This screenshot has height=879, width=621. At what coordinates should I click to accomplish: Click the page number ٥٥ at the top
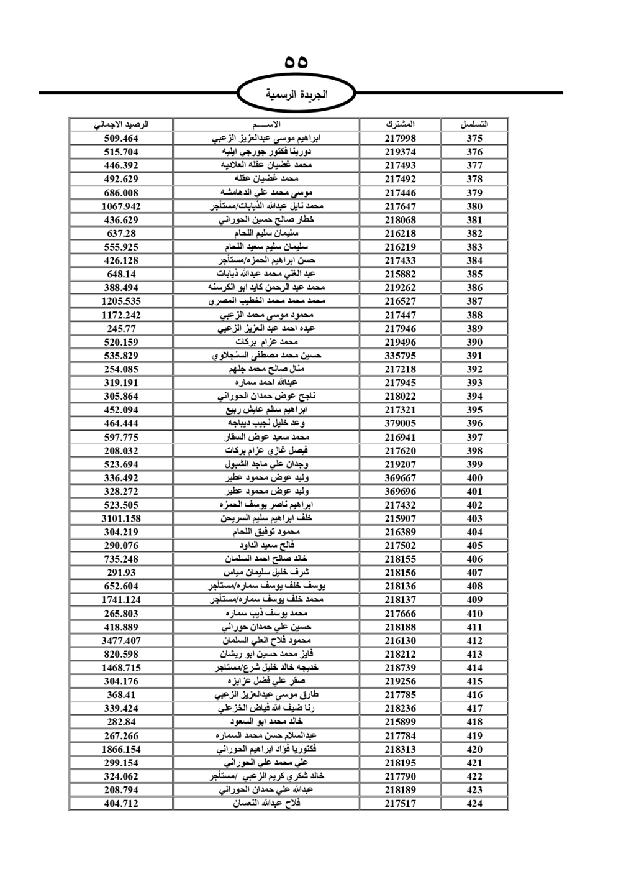pos(296,62)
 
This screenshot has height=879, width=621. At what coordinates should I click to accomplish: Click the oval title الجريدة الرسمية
pos(296,94)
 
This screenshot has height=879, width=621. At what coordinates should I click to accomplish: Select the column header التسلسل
pos(474,124)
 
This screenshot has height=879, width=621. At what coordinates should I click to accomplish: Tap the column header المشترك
pos(400,124)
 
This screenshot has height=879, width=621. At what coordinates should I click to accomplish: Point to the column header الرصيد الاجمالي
pos(121,124)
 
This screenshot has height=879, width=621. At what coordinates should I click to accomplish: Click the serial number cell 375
pos(474,139)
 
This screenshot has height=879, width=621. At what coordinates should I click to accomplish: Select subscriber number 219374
pos(400,152)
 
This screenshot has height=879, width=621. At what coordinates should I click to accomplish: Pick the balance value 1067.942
pos(121,206)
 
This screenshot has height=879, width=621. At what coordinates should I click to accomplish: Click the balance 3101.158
pos(121,518)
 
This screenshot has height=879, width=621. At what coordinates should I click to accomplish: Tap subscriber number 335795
pos(400,356)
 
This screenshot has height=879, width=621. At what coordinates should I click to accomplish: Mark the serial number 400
pos(474,478)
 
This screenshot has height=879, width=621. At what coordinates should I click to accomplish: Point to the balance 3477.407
pos(121,640)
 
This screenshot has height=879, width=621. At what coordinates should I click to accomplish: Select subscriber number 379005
pos(400,423)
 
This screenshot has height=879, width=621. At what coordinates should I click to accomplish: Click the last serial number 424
pos(474,803)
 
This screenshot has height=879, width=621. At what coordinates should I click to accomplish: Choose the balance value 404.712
pos(121,803)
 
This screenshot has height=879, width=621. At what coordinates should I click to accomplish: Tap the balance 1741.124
pos(121,600)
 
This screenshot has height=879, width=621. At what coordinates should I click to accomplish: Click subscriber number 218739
pos(400,668)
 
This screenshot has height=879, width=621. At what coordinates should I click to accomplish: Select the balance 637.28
pos(121,234)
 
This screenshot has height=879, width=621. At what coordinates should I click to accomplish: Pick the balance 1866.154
pos(121,749)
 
